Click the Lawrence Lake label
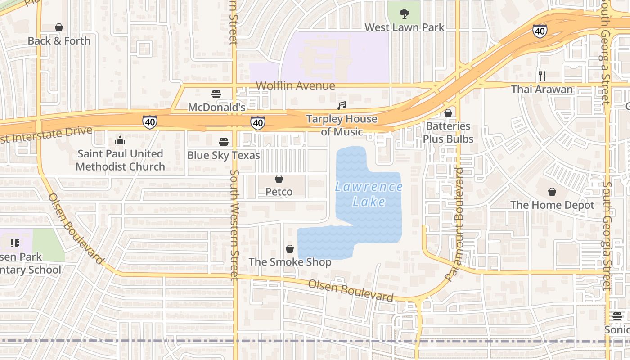pyautogui.click(x=369, y=194)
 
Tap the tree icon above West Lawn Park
pyautogui.click(x=405, y=14)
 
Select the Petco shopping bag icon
pyautogui.click(x=279, y=179)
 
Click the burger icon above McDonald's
pyautogui.click(x=216, y=94)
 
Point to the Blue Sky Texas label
pyautogui.click(x=224, y=155)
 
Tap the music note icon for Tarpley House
pyautogui.click(x=342, y=105)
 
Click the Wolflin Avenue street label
pyautogui.click(x=295, y=85)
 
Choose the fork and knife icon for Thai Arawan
pyautogui.click(x=542, y=76)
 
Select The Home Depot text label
pyautogui.click(x=552, y=205)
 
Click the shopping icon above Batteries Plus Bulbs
pyautogui.click(x=448, y=113)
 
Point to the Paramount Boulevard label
pyautogui.click(x=455, y=225)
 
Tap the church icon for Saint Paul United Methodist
pyautogui.click(x=120, y=140)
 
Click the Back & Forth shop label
pyautogui.click(x=59, y=41)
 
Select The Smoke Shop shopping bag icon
pyautogui.click(x=290, y=249)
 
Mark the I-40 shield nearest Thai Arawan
pyautogui.click(x=540, y=31)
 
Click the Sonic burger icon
pyautogui.click(x=617, y=316)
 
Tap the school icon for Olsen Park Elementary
pyautogui.click(x=15, y=243)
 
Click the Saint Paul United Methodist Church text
pyautogui.click(x=120, y=160)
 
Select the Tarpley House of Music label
pyautogui.click(x=342, y=125)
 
